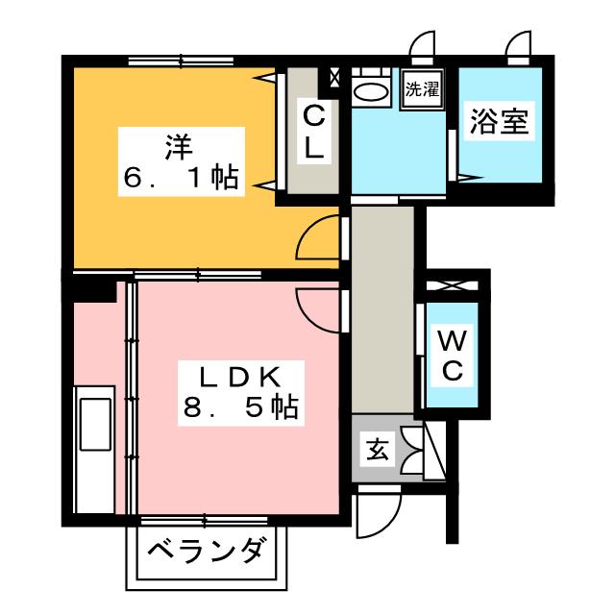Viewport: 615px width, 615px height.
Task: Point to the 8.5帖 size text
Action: coord(240,408)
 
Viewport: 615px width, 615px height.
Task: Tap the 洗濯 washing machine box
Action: coord(421,91)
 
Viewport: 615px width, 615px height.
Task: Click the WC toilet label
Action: coord(452,354)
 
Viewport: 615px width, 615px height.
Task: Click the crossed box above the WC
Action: coord(452,285)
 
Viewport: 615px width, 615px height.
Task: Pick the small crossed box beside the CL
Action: coord(335,77)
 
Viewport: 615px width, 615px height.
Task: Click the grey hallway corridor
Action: coord(381,307)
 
